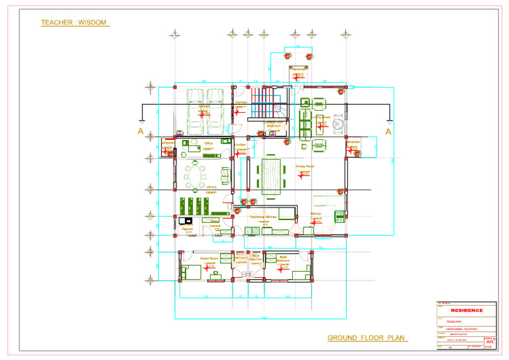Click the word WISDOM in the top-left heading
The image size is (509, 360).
point(91,23)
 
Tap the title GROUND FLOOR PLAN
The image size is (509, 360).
point(367,338)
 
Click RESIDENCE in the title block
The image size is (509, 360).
point(467,310)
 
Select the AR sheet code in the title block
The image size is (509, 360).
point(490,341)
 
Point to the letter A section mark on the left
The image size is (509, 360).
point(141,132)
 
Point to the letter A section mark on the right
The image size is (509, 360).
point(388,132)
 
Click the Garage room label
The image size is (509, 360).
point(205,106)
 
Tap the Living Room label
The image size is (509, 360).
point(321,117)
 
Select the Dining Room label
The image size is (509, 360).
point(304,167)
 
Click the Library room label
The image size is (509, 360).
point(211,187)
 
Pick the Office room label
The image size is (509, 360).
point(208,143)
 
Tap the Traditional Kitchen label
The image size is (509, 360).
point(262,217)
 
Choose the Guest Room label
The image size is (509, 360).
point(209,259)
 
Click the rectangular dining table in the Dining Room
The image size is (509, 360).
point(270,174)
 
